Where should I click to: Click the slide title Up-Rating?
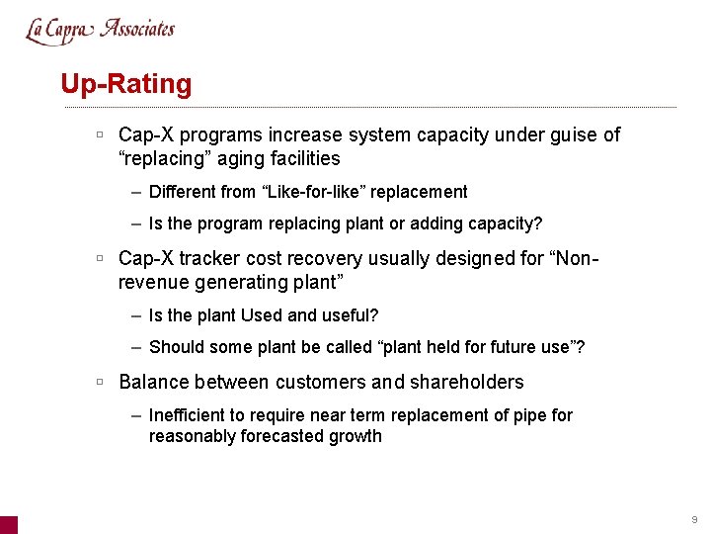pyautogui.click(x=126, y=84)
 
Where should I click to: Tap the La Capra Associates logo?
pyautogui.click(x=100, y=30)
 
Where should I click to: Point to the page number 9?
pyautogui.click(x=694, y=519)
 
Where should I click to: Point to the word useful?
pyautogui.click(x=351, y=315)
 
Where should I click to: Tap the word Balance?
pyautogui.click(x=153, y=382)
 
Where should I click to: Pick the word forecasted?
pyautogui.click(x=285, y=436)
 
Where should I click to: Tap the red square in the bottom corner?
pyautogui.click(x=8, y=525)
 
